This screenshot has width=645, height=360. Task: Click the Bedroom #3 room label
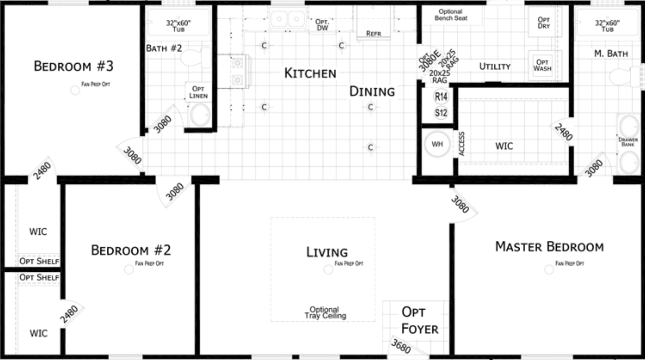[x=73, y=66]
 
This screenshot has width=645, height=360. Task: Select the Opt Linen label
[x=198, y=92]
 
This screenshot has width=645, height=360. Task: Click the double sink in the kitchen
[x=287, y=19]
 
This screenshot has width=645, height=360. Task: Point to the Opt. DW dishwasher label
[x=322, y=25]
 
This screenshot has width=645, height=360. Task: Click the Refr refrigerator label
[x=373, y=33]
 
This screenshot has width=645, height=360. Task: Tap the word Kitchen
[x=310, y=73]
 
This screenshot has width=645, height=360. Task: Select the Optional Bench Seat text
[x=451, y=15]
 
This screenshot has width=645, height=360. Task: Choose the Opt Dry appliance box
[x=544, y=23]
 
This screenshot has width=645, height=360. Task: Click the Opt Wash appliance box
[x=543, y=65]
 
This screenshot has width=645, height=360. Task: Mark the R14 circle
[x=441, y=97]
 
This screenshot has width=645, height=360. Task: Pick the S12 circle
[x=441, y=113]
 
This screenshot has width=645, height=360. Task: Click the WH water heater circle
[x=437, y=144]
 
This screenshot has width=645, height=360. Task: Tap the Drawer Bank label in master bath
[x=628, y=142]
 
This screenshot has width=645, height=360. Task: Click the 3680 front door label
[x=401, y=346]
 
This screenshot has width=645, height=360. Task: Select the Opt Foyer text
[x=419, y=320]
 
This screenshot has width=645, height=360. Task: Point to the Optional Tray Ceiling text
[x=325, y=313]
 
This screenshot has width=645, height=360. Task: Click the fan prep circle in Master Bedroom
[x=549, y=270]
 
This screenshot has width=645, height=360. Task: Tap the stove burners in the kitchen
[x=237, y=71]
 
